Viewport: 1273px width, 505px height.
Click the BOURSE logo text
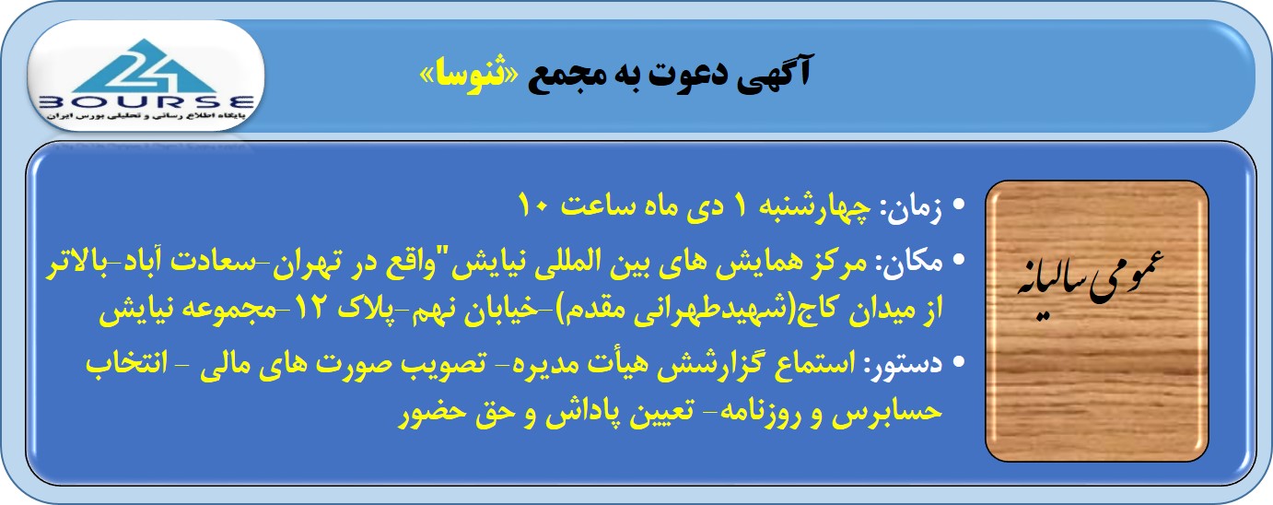point(146,103)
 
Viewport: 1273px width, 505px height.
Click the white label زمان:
point(910,208)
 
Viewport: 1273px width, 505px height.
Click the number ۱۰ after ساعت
point(533,206)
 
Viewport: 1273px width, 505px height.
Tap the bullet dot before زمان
point(959,205)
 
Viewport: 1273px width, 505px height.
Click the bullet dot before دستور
point(959,361)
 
